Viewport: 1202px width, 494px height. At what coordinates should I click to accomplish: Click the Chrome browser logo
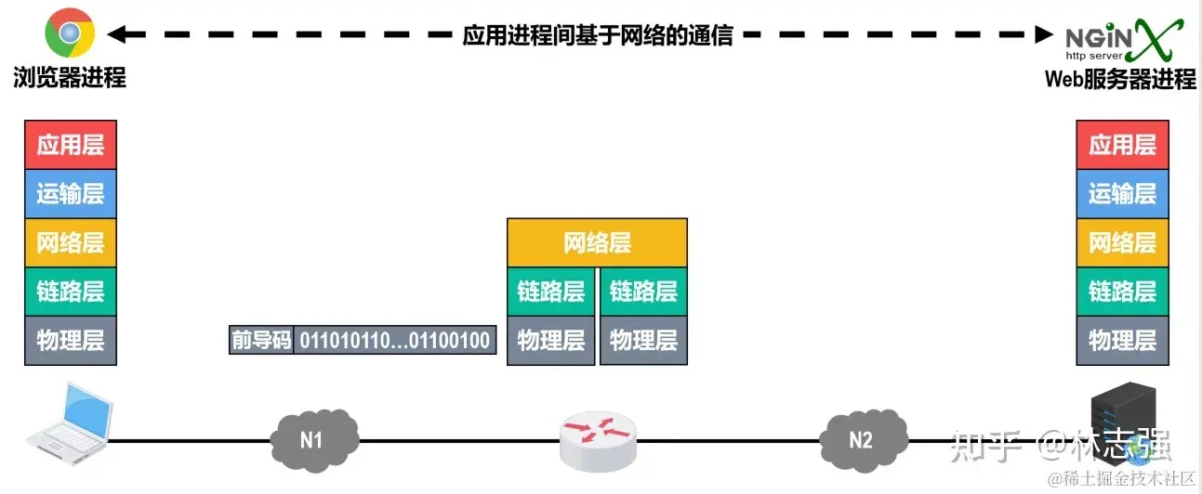coord(70,33)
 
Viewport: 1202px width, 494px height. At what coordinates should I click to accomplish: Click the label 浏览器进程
coord(70,78)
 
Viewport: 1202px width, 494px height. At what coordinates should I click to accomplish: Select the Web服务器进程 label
coord(1120,79)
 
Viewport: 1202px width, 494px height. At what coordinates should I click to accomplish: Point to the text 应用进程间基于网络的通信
coord(598,35)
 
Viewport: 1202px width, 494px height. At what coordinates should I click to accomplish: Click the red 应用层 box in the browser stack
coord(71,145)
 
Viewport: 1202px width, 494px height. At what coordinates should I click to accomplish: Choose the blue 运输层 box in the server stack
coord(1122,194)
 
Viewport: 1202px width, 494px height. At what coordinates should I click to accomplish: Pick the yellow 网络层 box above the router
coord(597,243)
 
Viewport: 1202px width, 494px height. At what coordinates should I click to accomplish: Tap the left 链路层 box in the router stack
coord(551,292)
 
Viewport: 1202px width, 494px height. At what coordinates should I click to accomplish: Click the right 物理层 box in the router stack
coord(643,340)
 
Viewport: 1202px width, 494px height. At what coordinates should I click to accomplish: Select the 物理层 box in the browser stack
coord(71,340)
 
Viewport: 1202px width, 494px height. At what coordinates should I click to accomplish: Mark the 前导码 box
coord(261,340)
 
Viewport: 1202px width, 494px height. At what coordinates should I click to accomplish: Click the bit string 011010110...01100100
coord(394,340)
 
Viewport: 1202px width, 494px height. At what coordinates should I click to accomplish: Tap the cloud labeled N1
coord(312,438)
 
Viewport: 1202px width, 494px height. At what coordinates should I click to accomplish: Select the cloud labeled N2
coord(862,438)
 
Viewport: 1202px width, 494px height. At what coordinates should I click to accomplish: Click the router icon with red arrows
coord(599,439)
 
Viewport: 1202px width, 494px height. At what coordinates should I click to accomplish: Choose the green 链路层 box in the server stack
coord(1122,292)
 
